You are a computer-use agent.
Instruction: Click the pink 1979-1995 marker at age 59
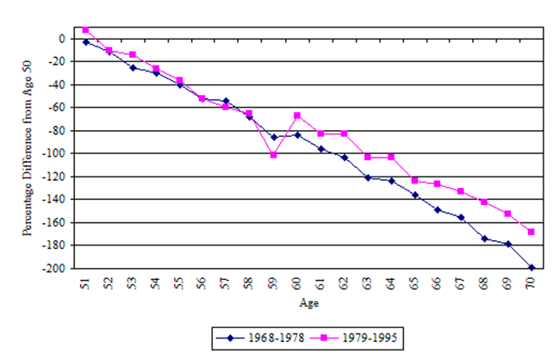coord(273,155)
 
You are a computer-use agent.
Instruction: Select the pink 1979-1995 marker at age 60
coord(297,115)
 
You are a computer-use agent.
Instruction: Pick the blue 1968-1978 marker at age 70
coord(532,268)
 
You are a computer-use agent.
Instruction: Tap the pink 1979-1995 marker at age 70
coord(532,232)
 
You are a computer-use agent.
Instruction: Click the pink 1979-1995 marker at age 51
coord(86,30)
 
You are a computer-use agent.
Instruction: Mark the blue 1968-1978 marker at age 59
coord(273,137)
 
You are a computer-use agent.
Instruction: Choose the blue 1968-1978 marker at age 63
coord(367,177)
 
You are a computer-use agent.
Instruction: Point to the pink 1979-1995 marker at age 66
coord(438,183)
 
